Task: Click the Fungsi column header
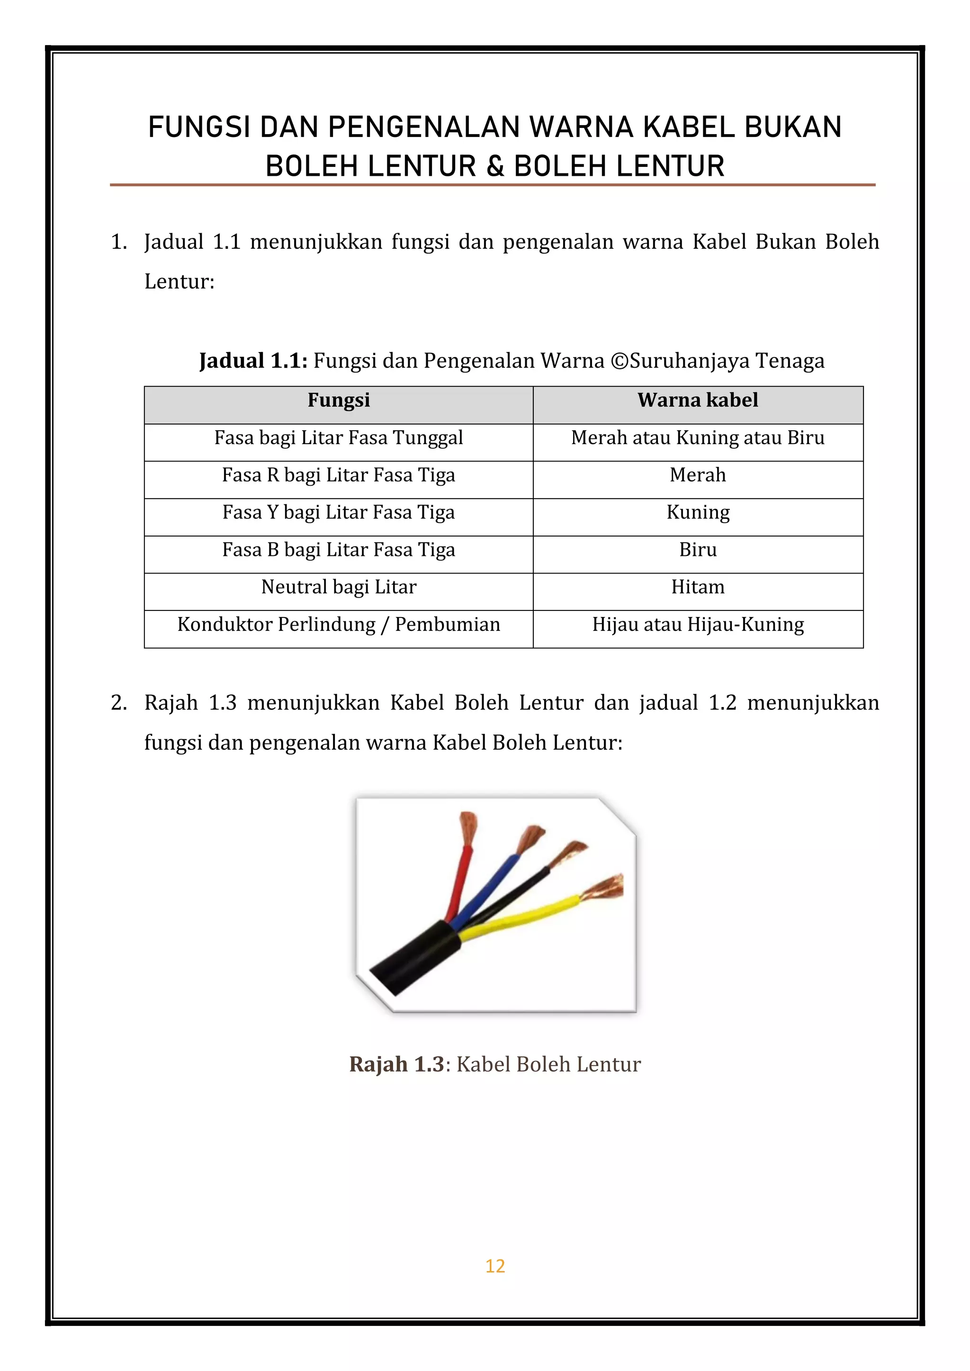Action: pos(338,400)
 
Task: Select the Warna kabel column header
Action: pos(697,400)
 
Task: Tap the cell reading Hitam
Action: pos(697,588)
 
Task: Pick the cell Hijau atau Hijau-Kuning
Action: pos(697,625)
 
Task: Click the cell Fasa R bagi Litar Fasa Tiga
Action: pos(338,475)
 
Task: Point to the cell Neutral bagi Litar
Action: pos(338,588)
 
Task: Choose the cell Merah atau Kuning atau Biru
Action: pos(697,438)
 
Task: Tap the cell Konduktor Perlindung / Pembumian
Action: pos(338,625)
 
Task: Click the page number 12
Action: pos(494,1266)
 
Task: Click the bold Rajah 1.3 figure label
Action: pos(396,1064)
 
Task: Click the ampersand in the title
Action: pos(495,167)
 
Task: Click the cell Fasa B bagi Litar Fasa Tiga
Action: pos(338,550)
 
